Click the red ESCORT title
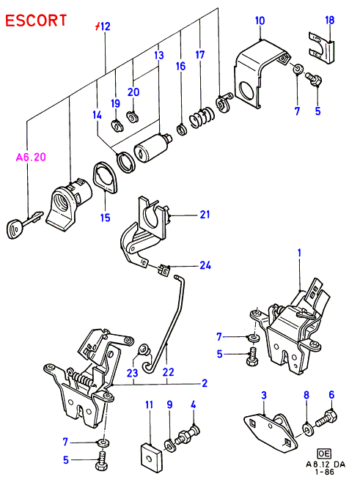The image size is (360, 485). tap(36, 21)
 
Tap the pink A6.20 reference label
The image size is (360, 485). tap(31, 157)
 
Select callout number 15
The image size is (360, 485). tap(106, 218)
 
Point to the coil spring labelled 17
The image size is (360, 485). tap(202, 117)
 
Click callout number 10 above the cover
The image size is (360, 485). tap(260, 21)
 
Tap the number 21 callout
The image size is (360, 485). tap(205, 215)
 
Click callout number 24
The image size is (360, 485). tap(205, 265)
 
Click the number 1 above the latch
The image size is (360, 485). tap(299, 253)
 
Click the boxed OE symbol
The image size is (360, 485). tap(324, 453)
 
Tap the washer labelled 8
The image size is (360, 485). tap(307, 429)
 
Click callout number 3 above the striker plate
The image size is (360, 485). tap(264, 396)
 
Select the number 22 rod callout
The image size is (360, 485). tap(168, 371)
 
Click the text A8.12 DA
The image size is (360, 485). tap(325, 464)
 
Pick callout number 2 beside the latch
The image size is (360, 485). tap(205, 384)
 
